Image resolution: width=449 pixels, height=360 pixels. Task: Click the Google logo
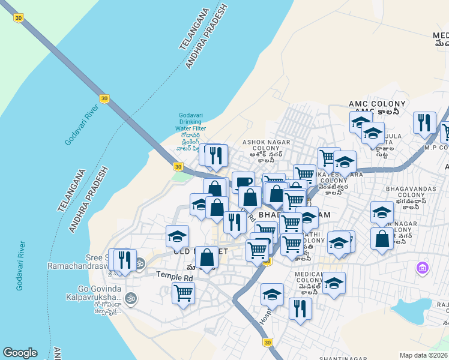20,353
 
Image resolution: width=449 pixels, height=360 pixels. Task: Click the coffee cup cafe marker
243,182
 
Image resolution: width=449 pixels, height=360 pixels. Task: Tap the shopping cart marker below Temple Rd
183,293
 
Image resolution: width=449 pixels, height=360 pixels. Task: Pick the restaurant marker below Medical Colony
300,308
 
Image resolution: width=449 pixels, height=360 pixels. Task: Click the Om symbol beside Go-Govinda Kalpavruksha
130,298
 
